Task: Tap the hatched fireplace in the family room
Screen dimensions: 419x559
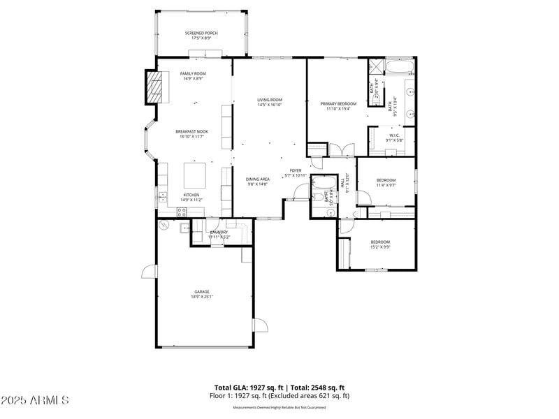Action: tap(154, 87)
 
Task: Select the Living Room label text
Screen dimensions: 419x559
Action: tap(269, 102)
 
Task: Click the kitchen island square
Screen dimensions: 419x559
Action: tap(195, 172)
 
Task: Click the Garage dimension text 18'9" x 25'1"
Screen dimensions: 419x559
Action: tap(202, 297)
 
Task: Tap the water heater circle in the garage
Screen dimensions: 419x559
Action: tap(165, 226)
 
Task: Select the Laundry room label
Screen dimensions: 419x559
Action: tap(219, 233)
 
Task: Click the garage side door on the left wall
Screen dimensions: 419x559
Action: tap(149, 272)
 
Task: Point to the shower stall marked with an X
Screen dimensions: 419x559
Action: tap(375, 68)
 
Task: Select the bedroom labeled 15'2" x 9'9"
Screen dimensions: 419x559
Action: tap(380, 244)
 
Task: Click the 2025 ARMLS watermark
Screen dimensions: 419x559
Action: tap(35, 401)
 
